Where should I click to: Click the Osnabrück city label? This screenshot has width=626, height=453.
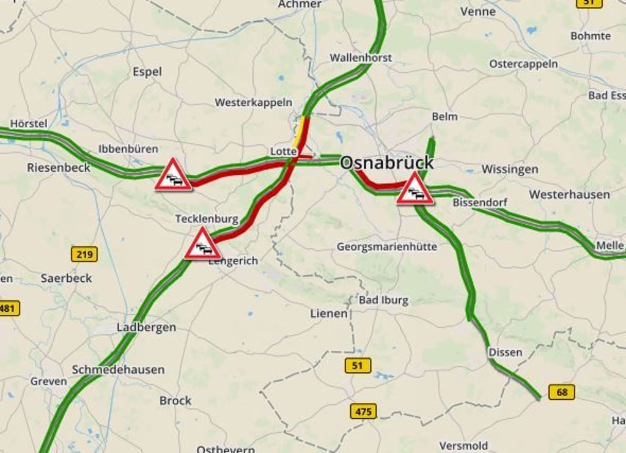[386, 163]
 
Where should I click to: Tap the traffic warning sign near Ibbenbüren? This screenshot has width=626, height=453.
[173, 175]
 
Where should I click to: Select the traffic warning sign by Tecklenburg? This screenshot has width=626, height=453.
[202, 245]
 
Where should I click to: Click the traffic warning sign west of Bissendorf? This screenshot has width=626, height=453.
[414, 189]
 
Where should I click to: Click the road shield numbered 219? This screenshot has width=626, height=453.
[84, 254]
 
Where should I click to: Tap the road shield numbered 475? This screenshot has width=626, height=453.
[363, 411]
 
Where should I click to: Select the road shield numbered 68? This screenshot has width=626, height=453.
[561, 392]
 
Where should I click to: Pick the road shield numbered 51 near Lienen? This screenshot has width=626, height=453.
[358, 366]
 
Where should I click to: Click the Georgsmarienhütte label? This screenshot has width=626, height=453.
[387, 247]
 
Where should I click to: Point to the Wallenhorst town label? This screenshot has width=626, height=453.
[361, 57]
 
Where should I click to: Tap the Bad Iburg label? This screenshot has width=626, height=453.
[383, 300]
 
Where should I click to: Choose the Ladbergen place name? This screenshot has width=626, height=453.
[146, 328]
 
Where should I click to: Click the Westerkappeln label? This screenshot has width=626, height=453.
[253, 102]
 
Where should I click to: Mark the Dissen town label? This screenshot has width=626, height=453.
[505, 352]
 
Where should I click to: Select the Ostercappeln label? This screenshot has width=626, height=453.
[523, 64]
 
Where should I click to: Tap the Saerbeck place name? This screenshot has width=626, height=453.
[66, 278]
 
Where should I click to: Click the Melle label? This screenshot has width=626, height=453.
[609, 245]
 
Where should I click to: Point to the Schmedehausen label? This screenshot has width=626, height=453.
[118, 370]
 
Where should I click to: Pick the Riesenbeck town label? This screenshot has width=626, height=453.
[58, 168]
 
